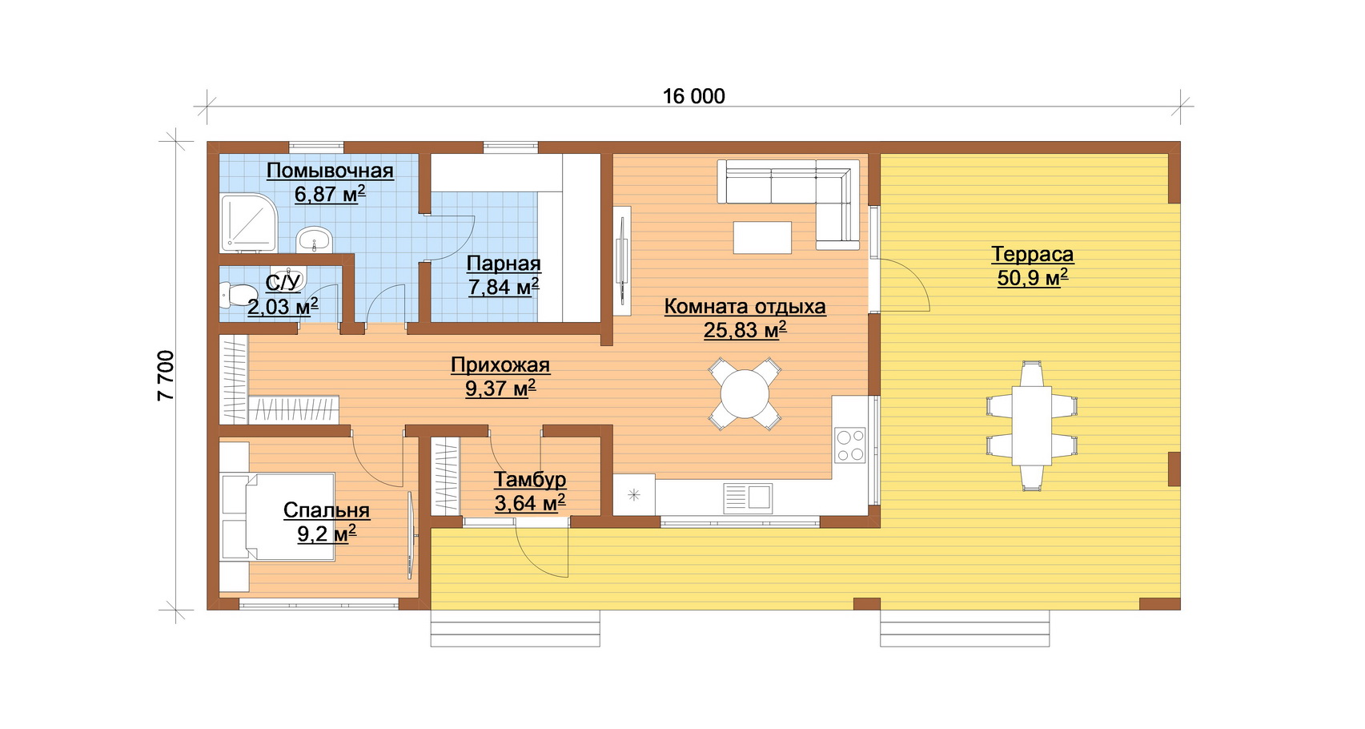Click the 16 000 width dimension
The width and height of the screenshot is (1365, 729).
tap(693, 96)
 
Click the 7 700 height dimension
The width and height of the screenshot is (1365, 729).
tap(166, 376)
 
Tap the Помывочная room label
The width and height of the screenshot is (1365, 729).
tap(330, 171)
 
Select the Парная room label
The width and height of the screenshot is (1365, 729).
tap(504, 264)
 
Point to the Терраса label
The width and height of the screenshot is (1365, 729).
tap(1032, 254)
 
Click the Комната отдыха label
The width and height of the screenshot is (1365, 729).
tap(745, 306)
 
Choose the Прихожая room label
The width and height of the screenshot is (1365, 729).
tap(500, 364)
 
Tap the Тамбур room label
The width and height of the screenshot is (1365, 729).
tap(529, 479)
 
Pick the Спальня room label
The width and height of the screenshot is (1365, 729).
tap(326, 510)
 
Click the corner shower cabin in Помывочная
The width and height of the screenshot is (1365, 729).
tap(249, 223)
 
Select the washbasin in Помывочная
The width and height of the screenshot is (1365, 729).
tap(315, 239)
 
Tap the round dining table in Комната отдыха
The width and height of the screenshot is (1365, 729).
tap(745, 394)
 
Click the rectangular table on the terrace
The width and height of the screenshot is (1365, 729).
tap(1032, 425)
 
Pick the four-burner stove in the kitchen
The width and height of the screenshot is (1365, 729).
tap(850, 445)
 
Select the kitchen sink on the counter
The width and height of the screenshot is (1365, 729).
tap(748, 498)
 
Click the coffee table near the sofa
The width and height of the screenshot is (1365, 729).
tap(762, 237)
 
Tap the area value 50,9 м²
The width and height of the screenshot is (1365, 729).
tap(1032, 278)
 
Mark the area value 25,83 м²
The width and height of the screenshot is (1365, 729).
tap(745, 330)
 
